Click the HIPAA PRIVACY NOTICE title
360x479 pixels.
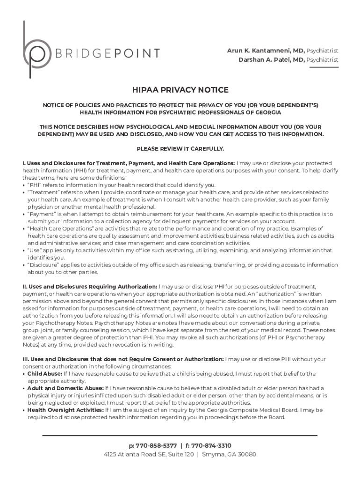point(180,90)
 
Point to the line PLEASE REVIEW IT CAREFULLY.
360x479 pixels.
point(180,148)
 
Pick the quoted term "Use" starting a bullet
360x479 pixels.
point(35,250)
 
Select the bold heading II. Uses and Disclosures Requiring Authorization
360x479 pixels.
point(90,286)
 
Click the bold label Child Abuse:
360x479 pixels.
point(44,374)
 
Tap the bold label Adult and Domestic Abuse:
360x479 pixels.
point(65,388)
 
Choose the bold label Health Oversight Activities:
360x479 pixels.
point(65,410)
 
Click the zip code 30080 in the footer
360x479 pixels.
point(247,455)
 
